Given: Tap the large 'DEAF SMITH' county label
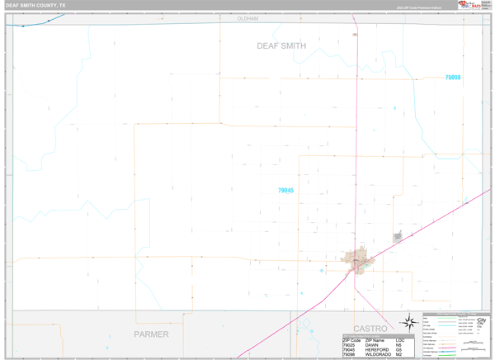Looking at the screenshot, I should click(280, 46).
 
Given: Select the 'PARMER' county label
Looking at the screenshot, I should click(151, 334).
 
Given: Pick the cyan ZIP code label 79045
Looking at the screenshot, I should click(285, 191).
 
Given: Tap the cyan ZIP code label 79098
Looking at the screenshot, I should click(452, 78).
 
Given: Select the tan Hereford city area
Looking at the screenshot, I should click(360, 261).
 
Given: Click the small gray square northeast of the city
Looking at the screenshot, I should click(398, 237).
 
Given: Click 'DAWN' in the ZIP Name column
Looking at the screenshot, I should click(372, 344).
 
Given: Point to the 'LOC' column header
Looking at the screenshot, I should click(400, 339).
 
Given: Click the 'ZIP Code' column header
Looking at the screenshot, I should click(351, 339).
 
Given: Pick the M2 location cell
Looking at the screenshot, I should click(399, 354).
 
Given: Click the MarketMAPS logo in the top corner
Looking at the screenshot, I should click(470, 5).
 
